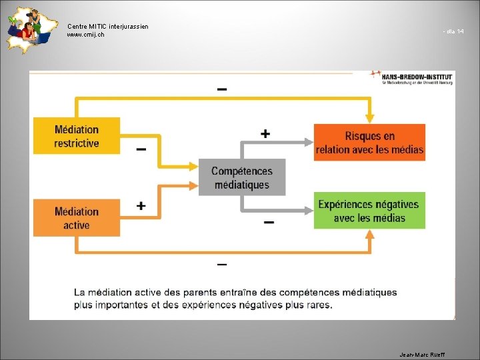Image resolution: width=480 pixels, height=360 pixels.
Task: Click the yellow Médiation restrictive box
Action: click(77, 136)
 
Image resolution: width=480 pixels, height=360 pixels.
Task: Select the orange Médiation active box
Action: click(77, 218)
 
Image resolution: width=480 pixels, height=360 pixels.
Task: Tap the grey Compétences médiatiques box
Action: click(242, 177)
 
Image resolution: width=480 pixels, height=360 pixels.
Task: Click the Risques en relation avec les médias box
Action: click(369, 143)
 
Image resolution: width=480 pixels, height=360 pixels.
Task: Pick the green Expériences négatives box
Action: click(369, 211)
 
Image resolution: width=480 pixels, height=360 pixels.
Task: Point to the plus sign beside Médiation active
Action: click(141, 206)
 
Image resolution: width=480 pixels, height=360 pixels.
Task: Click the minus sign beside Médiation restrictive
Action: click(141, 150)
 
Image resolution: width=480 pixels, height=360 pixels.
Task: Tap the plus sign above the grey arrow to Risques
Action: click(265, 134)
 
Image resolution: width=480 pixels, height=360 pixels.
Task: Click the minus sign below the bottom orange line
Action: click(222, 265)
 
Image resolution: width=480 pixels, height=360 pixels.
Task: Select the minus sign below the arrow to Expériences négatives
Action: click(268, 222)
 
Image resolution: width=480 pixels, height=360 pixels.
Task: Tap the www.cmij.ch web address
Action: click(85, 35)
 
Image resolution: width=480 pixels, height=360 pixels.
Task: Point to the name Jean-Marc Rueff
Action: click(421, 354)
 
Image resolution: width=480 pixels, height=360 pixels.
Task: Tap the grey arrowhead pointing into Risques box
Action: click(308, 141)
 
